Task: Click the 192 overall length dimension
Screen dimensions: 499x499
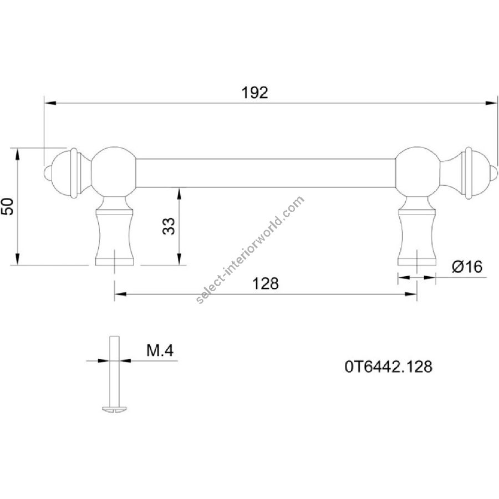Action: point(254,93)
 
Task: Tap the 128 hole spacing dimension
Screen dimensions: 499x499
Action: point(265,283)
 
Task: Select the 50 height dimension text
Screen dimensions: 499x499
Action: point(8,207)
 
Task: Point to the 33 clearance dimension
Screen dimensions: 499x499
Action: point(169,226)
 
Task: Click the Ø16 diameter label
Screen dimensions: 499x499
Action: point(467,267)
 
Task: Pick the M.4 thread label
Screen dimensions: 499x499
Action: point(160,351)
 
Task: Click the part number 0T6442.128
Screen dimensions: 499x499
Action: point(389,367)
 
